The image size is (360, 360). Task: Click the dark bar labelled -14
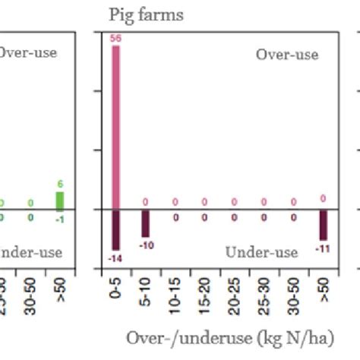coord(115,229)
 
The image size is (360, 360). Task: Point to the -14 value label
coord(115,258)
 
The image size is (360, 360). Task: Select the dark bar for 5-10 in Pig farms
coord(145,224)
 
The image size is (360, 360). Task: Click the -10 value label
coord(145,245)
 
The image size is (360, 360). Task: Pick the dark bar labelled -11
coord(324,225)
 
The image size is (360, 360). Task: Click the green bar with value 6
coord(59,201)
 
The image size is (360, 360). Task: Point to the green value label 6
coord(59,185)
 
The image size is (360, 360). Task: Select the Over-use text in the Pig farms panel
coord(286,55)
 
